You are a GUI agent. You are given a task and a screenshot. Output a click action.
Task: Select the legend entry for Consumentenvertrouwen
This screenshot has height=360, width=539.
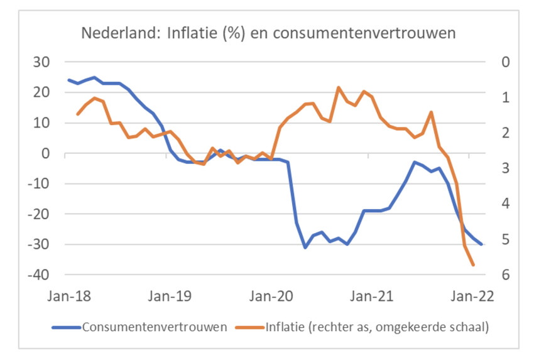click(153, 327)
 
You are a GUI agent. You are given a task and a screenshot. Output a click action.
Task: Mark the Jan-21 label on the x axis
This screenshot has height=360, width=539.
click(371, 297)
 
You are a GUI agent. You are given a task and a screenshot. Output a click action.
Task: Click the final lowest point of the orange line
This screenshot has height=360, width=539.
click(473, 265)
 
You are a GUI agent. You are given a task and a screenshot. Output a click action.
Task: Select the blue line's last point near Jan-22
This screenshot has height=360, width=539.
click(482, 244)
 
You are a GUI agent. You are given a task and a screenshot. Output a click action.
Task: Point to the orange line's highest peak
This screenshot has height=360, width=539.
click(339, 87)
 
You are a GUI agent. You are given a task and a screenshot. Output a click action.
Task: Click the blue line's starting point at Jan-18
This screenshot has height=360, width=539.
click(68, 80)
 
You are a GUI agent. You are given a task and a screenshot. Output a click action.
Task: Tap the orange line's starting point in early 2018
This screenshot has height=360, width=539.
click(77, 114)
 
